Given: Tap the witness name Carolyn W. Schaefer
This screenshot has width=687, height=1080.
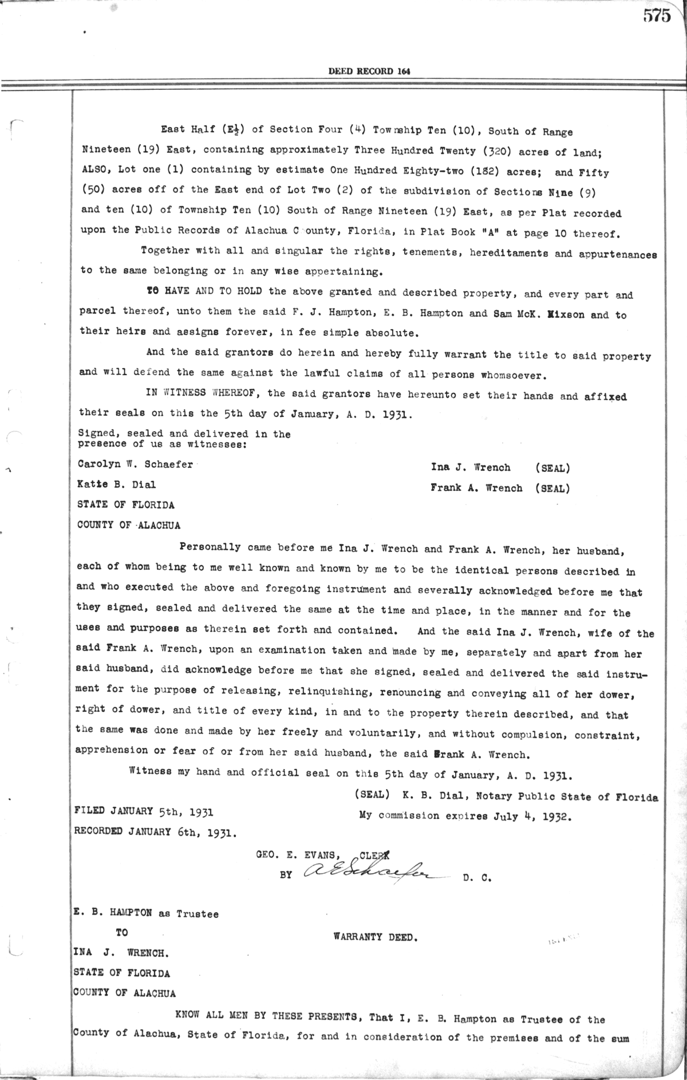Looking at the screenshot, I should pyautogui.click(x=135, y=464).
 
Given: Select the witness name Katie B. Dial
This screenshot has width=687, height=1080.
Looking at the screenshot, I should pyautogui.click(x=116, y=484).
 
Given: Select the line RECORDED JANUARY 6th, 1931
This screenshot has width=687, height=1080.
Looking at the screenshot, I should pyautogui.click(x=155, y=832).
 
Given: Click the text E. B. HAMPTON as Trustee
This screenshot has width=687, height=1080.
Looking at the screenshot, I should pyautogui.click(x=145, y=913).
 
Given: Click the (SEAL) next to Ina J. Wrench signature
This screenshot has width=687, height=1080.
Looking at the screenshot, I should pyautogui.click(x=552, y=468).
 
